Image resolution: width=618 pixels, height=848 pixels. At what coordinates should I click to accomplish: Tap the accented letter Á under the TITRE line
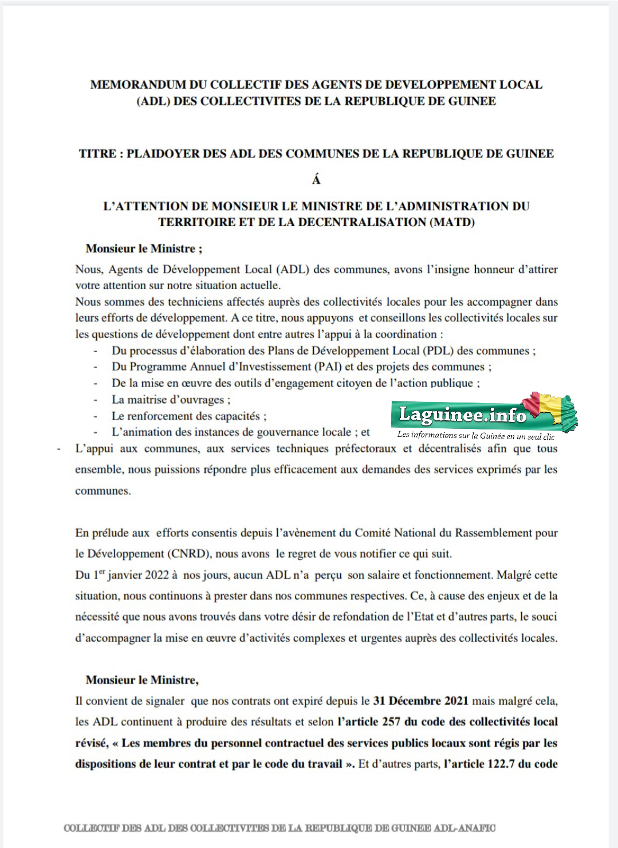316,180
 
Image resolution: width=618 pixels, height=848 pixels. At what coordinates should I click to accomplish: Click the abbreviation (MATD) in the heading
452,222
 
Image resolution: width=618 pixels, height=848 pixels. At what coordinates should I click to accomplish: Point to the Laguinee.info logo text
462,414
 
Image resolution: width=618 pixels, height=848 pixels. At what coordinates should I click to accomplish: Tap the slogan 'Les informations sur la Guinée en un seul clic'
475,436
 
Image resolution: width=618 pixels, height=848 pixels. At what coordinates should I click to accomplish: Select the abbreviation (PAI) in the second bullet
329,366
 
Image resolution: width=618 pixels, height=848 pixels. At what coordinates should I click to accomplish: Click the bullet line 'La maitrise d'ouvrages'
171,400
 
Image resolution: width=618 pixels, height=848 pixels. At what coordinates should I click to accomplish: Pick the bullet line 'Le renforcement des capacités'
189,416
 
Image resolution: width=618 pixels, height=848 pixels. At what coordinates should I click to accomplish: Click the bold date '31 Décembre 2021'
420,701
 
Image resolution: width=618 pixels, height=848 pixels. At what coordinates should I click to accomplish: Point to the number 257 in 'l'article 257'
391,721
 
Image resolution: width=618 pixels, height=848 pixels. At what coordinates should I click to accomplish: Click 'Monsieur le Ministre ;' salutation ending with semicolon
144,249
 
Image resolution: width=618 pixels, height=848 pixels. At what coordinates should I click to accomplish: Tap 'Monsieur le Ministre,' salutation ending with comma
142,680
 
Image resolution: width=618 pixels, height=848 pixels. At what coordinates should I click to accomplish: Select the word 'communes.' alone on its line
103,491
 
